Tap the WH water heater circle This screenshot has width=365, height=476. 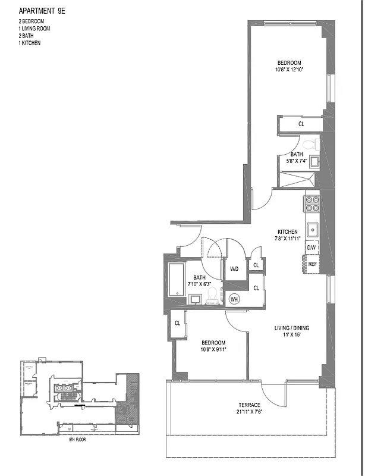tap(234, 299)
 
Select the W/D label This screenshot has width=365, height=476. tap(234, 269)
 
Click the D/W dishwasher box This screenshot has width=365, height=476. tap(311, 247)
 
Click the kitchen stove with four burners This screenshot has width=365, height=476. tap(312, 204)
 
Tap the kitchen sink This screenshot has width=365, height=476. tap(312, 228)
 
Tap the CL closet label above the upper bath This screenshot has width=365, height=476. tap(301, 124)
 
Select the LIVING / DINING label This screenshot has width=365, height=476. tap(291, 328)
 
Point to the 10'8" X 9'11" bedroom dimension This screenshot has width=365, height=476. tap(213, 350)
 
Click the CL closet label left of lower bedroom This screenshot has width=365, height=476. tap(177, 323)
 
